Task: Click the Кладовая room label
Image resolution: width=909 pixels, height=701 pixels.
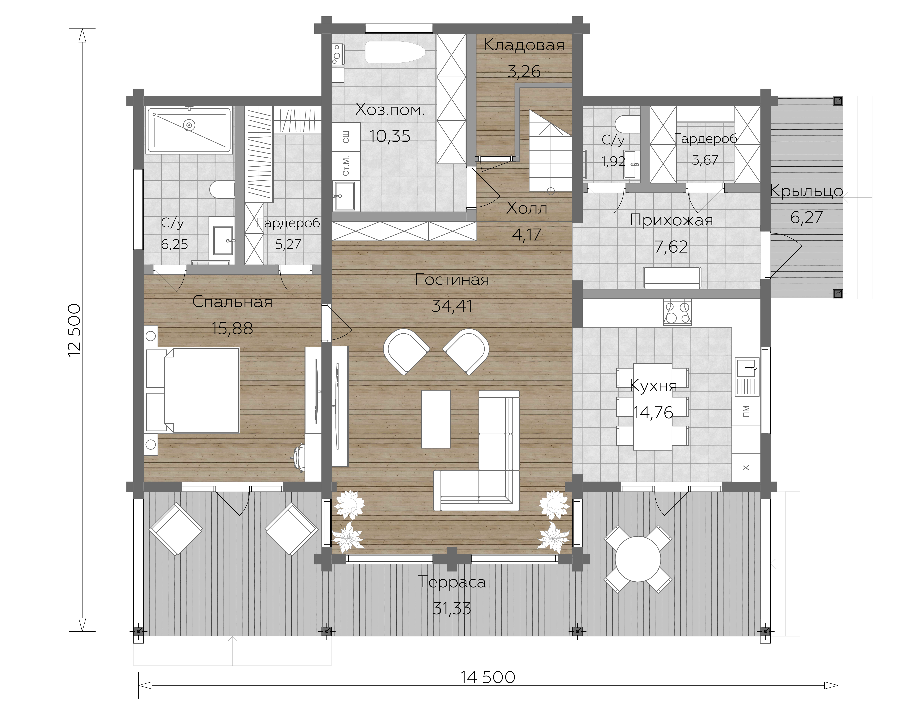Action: [524, 45]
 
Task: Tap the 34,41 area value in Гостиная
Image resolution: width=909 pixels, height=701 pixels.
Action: [452, 306]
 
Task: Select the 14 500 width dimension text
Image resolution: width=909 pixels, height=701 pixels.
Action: [488, 677]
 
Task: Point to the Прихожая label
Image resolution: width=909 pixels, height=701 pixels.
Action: [671, 220]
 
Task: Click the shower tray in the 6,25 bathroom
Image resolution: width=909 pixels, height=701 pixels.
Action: [189, 131]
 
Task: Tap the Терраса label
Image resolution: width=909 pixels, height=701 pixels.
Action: [452, 582]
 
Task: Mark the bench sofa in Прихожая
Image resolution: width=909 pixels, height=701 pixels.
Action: [672, 278]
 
